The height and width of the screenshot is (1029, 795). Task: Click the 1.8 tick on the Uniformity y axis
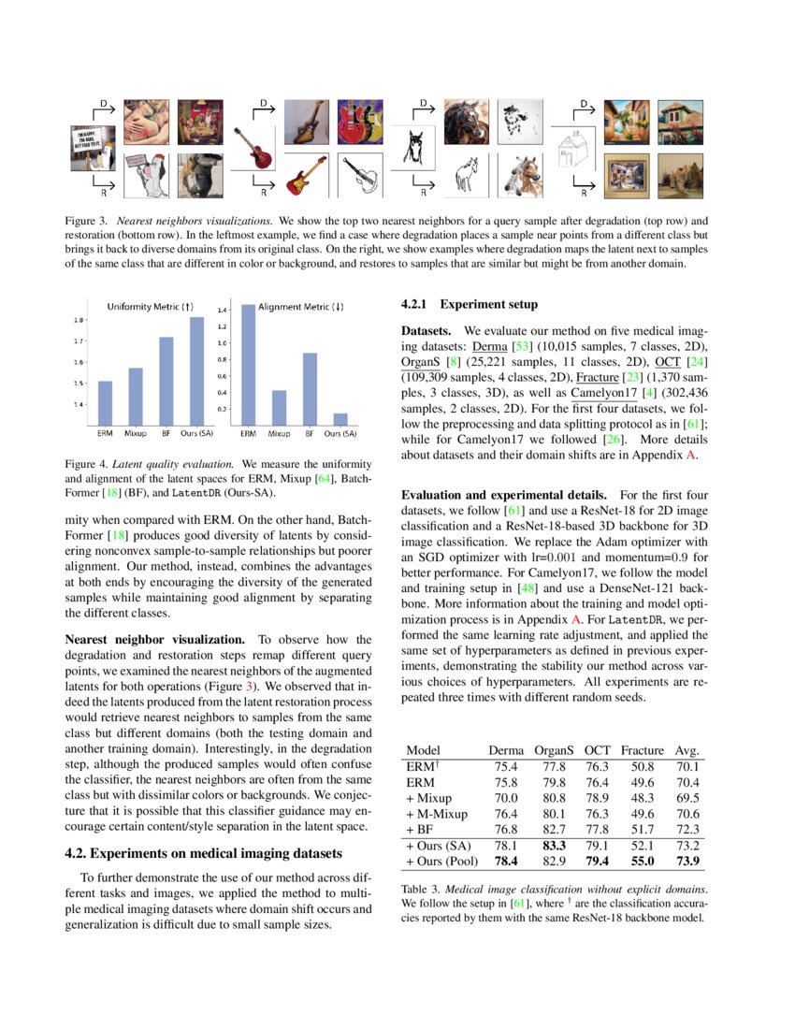click(79, 320)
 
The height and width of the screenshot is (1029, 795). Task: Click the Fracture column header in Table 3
click(642, 750)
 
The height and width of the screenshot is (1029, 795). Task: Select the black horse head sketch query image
click(406, 148)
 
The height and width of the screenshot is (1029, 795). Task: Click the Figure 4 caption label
click(89, 463)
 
